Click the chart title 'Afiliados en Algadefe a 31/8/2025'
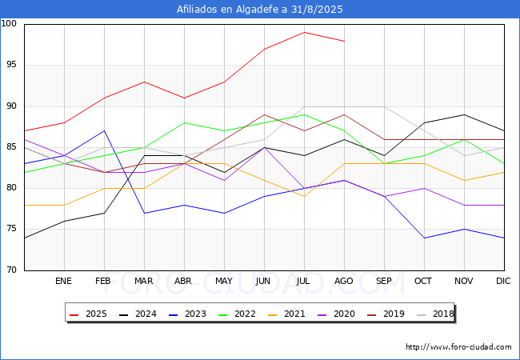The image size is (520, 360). [x=260, y=10]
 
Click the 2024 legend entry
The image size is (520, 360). [x=137, y=314]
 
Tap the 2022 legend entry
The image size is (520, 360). [x=234, y=314]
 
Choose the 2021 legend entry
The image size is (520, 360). [x=283, y=314]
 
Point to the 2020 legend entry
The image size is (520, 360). [x=332, y=314]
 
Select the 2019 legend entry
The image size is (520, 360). [x=381, y=314]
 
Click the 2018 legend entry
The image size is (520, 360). [x=430, y=314]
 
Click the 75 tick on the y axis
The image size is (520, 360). [x=12, y=229]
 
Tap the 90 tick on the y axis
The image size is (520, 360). [x=12, y=106]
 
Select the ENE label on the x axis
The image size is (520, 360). [x=64, y=282]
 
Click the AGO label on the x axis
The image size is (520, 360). [x=344, y=282]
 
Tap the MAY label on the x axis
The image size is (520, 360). [x=224, y=282]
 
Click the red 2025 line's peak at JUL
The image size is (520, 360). [x=304, y=33]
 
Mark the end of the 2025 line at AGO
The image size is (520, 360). [x=344, y=41]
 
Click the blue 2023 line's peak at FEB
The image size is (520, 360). [x=104, y=130]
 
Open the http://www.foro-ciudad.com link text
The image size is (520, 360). [x=458, y=347]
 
